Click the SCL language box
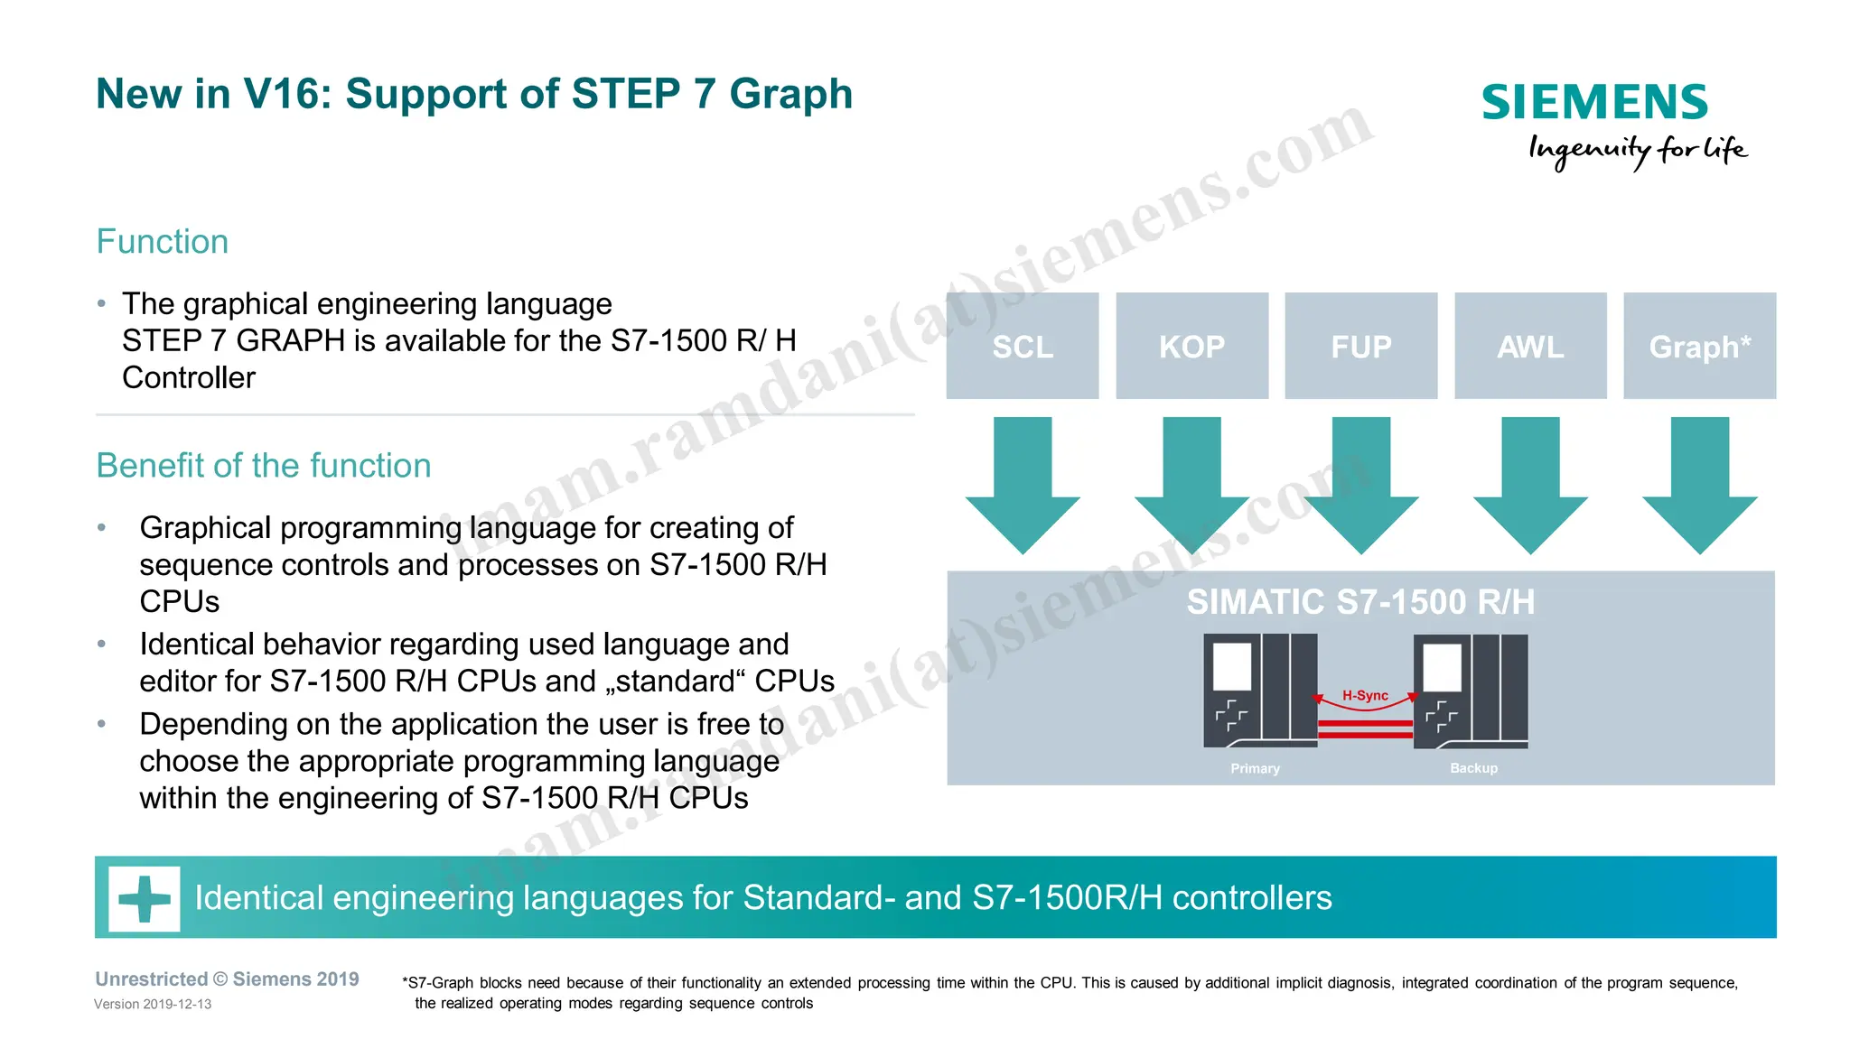(x=1023, y=346)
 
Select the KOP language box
(x=1191, y=346)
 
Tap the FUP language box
(x=1360, y=346)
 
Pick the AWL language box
(x=1530, y=346)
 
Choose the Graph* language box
(x=1699, y=346)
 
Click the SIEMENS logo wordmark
(x=1594, y=102)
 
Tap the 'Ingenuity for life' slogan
(x=1637, y=150)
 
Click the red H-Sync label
(x=1365, y=695)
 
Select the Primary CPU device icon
(x=1260, y=691)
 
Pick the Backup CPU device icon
(x=1471, y=691)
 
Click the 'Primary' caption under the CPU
(x=1255, y=768)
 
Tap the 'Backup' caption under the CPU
(x=1473, y=768)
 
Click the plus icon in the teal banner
(x=145, y=898)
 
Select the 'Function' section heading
(x=163, y=242)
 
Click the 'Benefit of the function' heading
(x=264, y=466)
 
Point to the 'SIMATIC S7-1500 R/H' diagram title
(x=1360, y=602)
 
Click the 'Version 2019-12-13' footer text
(x=153, y=1004)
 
